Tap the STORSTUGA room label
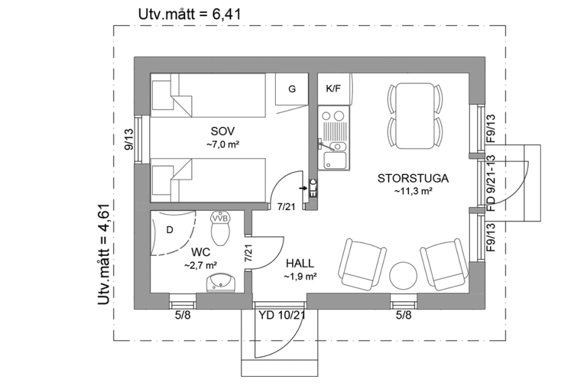tap(412, 179)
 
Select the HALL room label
tap(300, 263)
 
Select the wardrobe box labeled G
tap(292, 88)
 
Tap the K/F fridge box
tap(333, 88)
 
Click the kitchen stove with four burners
tap(334, 124)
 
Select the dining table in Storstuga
tap(415, 115)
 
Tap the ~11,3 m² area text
tap(412, 191)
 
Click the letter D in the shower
tap(170, 230)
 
